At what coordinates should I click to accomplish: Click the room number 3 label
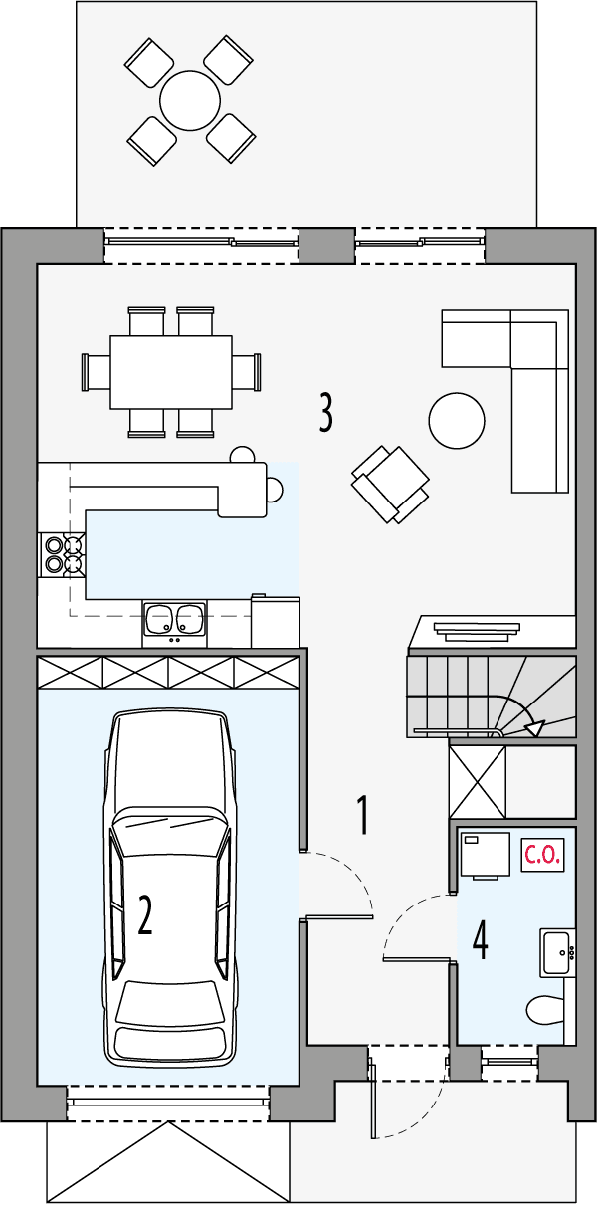pos(325,412)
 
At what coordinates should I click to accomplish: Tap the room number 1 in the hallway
pos(363,815)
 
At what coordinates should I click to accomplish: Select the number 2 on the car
pos(145,915)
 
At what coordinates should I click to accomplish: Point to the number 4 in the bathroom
pos(480,940)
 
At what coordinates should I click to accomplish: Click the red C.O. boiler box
pos(543,854)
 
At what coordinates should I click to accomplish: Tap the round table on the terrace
pos(190,100)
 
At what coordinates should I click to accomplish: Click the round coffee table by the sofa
pos(457,421)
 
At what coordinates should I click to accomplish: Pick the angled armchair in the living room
pos(390,484)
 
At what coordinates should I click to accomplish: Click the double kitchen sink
pos(174,620)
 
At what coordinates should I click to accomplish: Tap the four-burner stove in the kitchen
pos(62,555)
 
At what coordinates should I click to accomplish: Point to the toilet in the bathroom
pos(545,1009)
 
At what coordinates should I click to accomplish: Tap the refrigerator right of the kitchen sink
pos(276,621)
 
